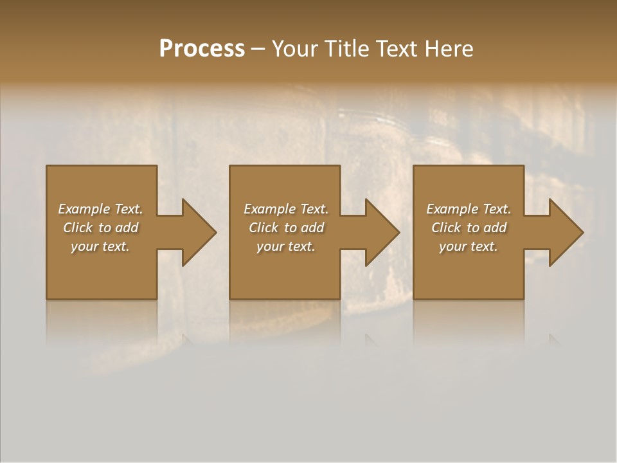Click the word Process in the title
202,49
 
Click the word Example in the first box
84,209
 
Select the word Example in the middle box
269,209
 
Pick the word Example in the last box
452,209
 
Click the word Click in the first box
78,228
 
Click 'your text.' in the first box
100,246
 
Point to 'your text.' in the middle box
286,246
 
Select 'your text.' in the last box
469,246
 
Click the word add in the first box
127,228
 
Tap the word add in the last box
495,228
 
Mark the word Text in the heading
396,49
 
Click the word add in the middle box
312,228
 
